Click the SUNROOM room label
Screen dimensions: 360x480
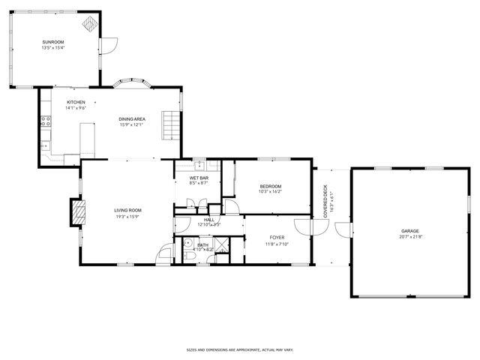click(x=53, y=43)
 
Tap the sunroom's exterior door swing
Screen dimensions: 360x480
click(x=109, y=45)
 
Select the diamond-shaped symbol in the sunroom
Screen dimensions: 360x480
click(x=89, y=25)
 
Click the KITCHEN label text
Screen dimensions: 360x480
click(x=76, y=102)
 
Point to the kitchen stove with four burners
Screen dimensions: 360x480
click(x=45, y=120)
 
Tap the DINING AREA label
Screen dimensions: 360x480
click(x=131, y=119)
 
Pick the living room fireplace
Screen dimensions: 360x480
click(x=77, y=211)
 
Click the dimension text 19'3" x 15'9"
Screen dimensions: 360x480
click(x=128, y=217)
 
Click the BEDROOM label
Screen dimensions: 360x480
click(x=270, y=186)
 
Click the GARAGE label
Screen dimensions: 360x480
click(x=409, y=231)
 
